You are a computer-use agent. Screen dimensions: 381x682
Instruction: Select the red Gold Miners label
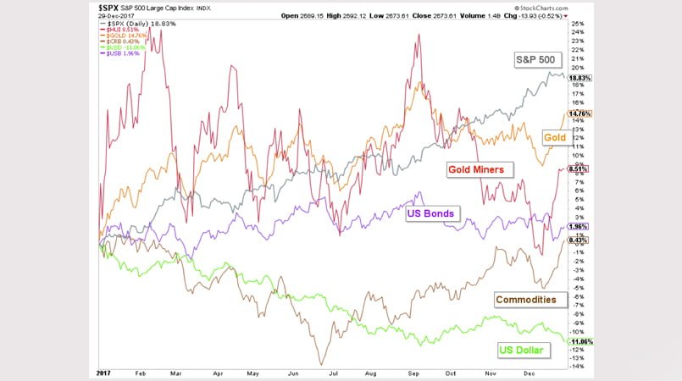click(477, 169)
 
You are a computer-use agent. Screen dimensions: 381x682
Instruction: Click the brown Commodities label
click(526, 299)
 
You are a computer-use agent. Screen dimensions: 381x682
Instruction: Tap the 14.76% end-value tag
click(580, 113)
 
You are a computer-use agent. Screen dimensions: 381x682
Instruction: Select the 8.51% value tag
click(579, 168)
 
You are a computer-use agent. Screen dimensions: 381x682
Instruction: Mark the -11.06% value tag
click(579, 340)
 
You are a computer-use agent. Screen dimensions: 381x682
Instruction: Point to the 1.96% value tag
click(579, 227)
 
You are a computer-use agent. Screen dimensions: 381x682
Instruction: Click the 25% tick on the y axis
click(577, 23)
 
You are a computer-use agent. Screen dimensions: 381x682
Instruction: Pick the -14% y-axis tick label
click(577, 367)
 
